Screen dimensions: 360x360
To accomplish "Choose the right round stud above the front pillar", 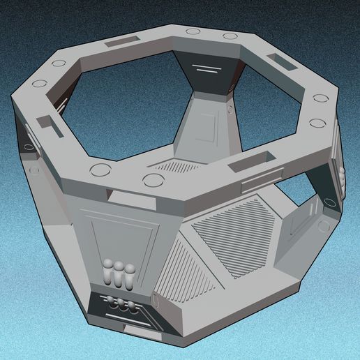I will click(151, 181).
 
